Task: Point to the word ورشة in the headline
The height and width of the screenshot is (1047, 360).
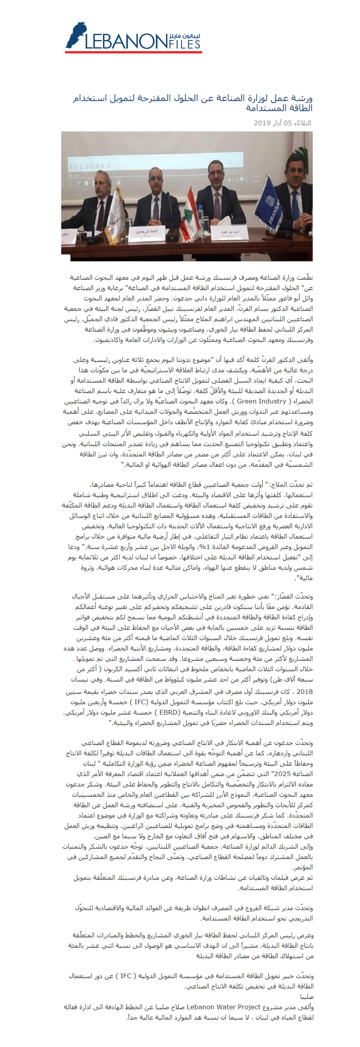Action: (x=302, y=98)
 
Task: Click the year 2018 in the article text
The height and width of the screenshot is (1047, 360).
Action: (x=305, y=691)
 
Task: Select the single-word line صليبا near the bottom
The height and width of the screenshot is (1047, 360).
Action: (x=307, y=997)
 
